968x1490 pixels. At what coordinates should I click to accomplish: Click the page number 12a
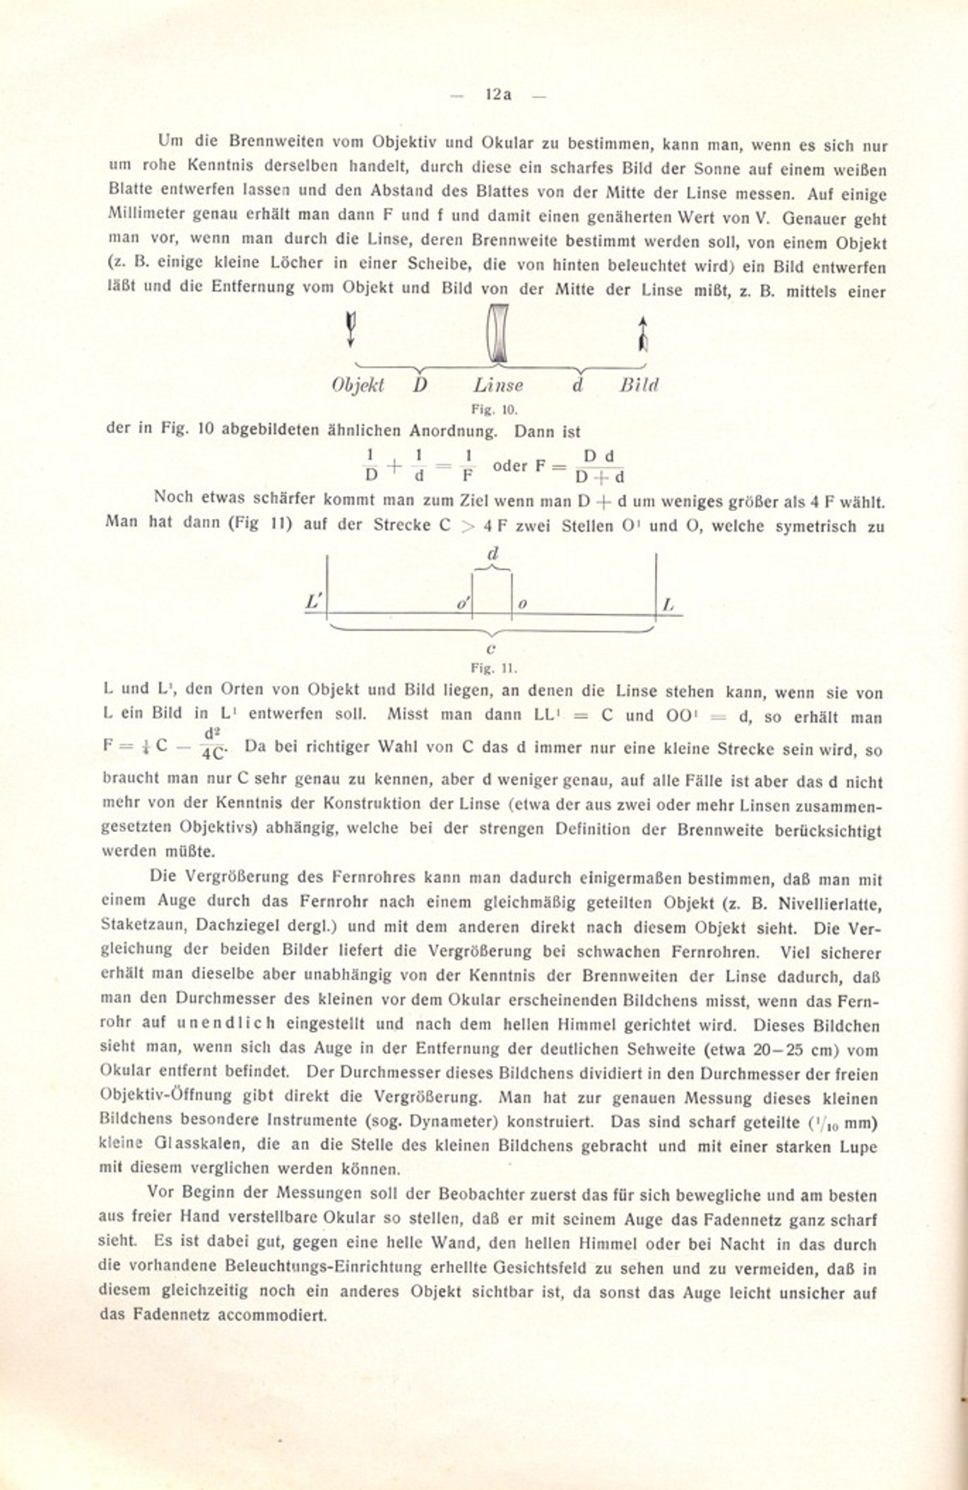coord(498,94)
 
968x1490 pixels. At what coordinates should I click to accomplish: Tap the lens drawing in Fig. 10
coord(498,332)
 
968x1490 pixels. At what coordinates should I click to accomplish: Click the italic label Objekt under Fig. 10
coord(358,385)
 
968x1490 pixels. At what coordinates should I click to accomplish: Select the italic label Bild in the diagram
coord(639,385)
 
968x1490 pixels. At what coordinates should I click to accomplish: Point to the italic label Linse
coord(498,385)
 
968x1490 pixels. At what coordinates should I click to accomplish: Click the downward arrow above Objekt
coord(350,330)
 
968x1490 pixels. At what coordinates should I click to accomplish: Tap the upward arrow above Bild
coord(642,334)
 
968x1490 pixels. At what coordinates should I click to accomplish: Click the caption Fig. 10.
coord(495,409)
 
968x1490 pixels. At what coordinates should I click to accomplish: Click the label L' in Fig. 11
coord(314,602)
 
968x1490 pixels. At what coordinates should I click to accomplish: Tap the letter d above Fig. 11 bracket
coord(493,553)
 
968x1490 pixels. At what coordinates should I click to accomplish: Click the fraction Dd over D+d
coord(600,467)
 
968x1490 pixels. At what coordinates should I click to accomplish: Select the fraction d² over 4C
coord(213,745)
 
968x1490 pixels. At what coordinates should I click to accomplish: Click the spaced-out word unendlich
coord(226,1023)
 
